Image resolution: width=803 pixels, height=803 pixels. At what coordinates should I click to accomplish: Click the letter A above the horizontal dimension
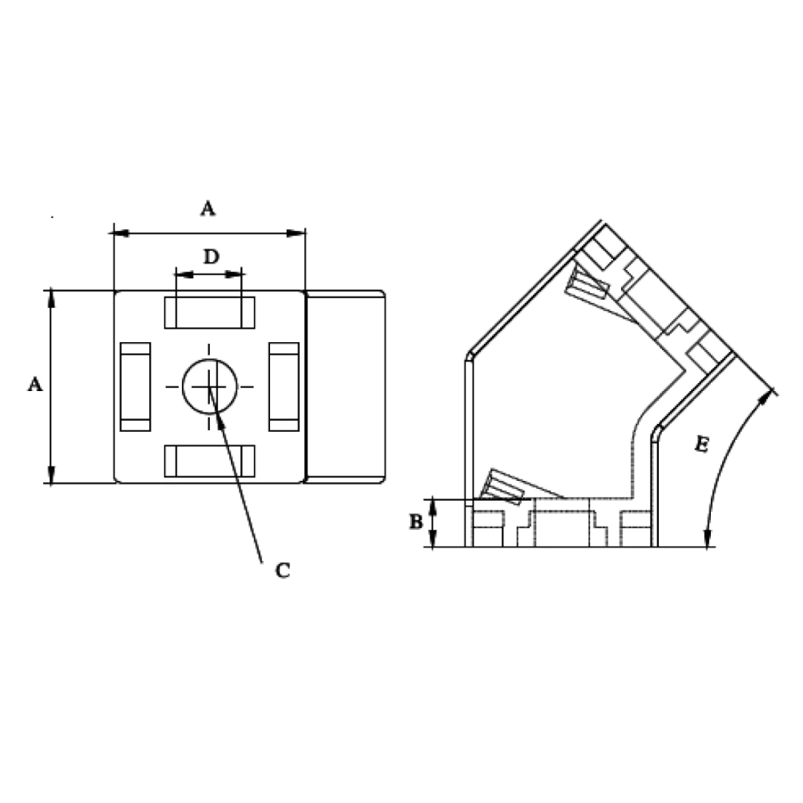[x=208, y=208]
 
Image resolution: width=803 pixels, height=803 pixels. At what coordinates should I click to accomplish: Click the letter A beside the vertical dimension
[x=34, y=384]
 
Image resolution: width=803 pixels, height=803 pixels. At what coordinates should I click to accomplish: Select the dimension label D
[x=211, y=256]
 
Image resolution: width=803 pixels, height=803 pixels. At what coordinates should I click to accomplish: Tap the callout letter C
[x=283, y=570]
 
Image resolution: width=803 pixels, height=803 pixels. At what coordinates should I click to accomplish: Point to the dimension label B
[x=417, y=522]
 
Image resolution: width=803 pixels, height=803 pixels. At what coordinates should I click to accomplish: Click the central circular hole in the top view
[x=210, y=386]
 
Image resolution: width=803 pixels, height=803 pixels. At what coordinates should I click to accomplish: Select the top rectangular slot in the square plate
[x=209, y=313]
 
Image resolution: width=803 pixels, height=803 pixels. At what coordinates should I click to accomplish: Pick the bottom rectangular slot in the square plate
[x=209, y=461]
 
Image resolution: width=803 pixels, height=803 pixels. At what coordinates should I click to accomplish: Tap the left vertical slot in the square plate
[x=135, y=386]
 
